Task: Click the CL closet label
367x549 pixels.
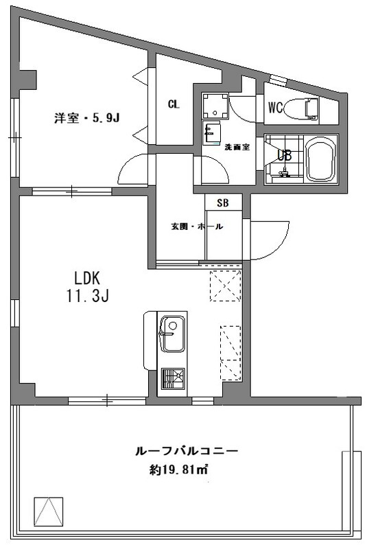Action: pyautogui.click(x=174, y=104)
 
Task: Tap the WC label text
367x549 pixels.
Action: pyautogui.click(x=275, y=108)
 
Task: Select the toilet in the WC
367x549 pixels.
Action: pyautogui.click(x=301, y=108)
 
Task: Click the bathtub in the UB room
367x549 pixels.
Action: pyautogui.click(x=320, y=159)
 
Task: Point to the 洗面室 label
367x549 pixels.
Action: pyautogui.click(x=237, y=147)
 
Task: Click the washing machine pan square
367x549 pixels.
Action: pyautogui.click(x=215, y=106)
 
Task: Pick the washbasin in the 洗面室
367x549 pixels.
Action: pyautogui.click(x=211, y=133)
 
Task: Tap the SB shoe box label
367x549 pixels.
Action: pyautogui.click(x=223, y=202)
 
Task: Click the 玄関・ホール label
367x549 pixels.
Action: pyautogui.click(x=197, y=226)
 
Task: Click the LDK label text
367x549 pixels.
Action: pyautogui.click(x=88, y=279)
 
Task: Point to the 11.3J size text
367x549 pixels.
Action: pyautogui.click(x=88, y=296)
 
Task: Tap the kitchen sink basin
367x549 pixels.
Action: pyautogui.click(x=172, y=334)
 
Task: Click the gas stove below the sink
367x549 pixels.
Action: pyautogui.click(x=173, y=379)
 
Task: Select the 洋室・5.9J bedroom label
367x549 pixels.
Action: pyautogui.click(x=86, y=118)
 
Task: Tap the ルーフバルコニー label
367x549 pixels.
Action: pyautogui.click(x=187, y=451)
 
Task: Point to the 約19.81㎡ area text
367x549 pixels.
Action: pyautogui.click(x=178, y=469)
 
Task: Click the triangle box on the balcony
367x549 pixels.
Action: pyautogui.click(x=49, y=511)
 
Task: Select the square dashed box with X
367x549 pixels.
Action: pyautogui.click(x=225, y=285)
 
